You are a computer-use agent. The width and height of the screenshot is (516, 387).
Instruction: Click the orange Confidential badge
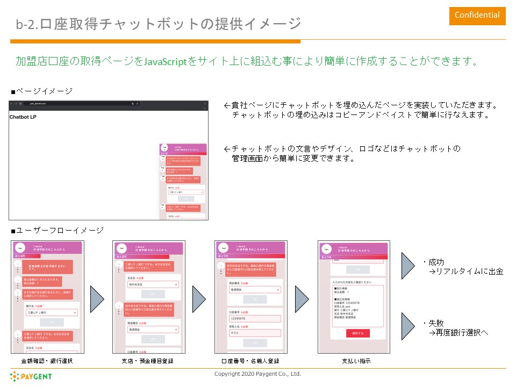pyautogui.click(x=477, y=15)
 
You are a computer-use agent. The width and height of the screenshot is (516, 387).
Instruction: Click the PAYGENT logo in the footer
pyautogui.click(x=31, y=376)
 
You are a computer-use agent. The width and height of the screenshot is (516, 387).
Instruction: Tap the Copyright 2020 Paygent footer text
pyautogui.click(x=257, y=374)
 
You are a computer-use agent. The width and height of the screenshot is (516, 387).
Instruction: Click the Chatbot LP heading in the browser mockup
pyautogui.click(x=23, y=117)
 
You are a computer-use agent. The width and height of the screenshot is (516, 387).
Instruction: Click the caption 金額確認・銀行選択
pyautogui.click(x=47, y=361)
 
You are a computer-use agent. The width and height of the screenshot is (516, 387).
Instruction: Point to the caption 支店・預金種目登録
pyautogui.click(x=147, y=361)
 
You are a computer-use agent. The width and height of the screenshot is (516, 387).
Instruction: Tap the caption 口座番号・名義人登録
pyautogui.click(x=250, y=361)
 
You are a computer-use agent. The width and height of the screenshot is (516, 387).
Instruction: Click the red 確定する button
pyautogui.click(x=357, y=333)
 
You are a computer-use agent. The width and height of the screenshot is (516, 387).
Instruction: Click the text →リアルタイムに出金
pyautogui.click(x=465, y=272)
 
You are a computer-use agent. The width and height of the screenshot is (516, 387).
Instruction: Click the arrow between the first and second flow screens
pyautogui.click(x=97, y=299)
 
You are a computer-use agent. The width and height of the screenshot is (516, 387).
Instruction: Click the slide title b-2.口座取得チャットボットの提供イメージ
pyautogui.click(x=159, y=24)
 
